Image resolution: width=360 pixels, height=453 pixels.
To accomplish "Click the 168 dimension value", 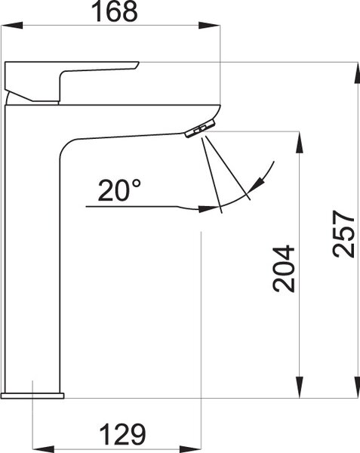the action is click(115, 11).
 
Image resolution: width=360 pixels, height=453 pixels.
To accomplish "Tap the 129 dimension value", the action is click(123, 434).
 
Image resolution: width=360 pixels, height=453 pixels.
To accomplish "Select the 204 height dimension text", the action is click(284, 270).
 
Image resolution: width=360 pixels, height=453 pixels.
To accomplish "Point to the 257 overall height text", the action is click(343, 234).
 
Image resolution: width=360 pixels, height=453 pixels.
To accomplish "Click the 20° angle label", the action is click(119, 190).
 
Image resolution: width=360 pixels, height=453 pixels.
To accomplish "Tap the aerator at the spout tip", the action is click(200, 128).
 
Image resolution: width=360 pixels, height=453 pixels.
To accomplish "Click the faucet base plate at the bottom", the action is click(32, 396).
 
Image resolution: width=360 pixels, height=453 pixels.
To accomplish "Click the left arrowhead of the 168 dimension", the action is click(12, 25).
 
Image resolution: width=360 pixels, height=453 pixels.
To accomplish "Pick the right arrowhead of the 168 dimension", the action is click(209, 25).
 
